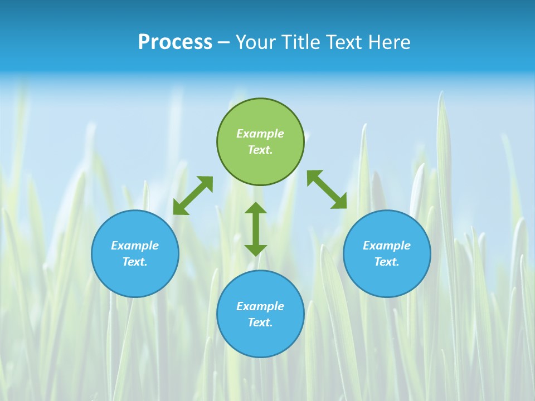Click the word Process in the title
click(175, 42)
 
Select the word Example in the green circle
click(260, 134)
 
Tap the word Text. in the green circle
click(260, 150)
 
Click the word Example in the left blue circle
click(135, 246)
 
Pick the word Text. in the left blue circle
click(135, 262)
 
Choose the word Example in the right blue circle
click(387, 246)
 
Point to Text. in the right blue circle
click(387, 262)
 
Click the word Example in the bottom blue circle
click(260, 306)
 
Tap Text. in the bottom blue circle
click(260, 322)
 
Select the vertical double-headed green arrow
click(256, 229)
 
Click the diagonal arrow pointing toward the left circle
click(193, 195)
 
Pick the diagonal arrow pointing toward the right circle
click(327, 189)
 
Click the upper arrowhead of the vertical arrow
click(256, 208)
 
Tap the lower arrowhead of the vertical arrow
click(256, 250)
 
